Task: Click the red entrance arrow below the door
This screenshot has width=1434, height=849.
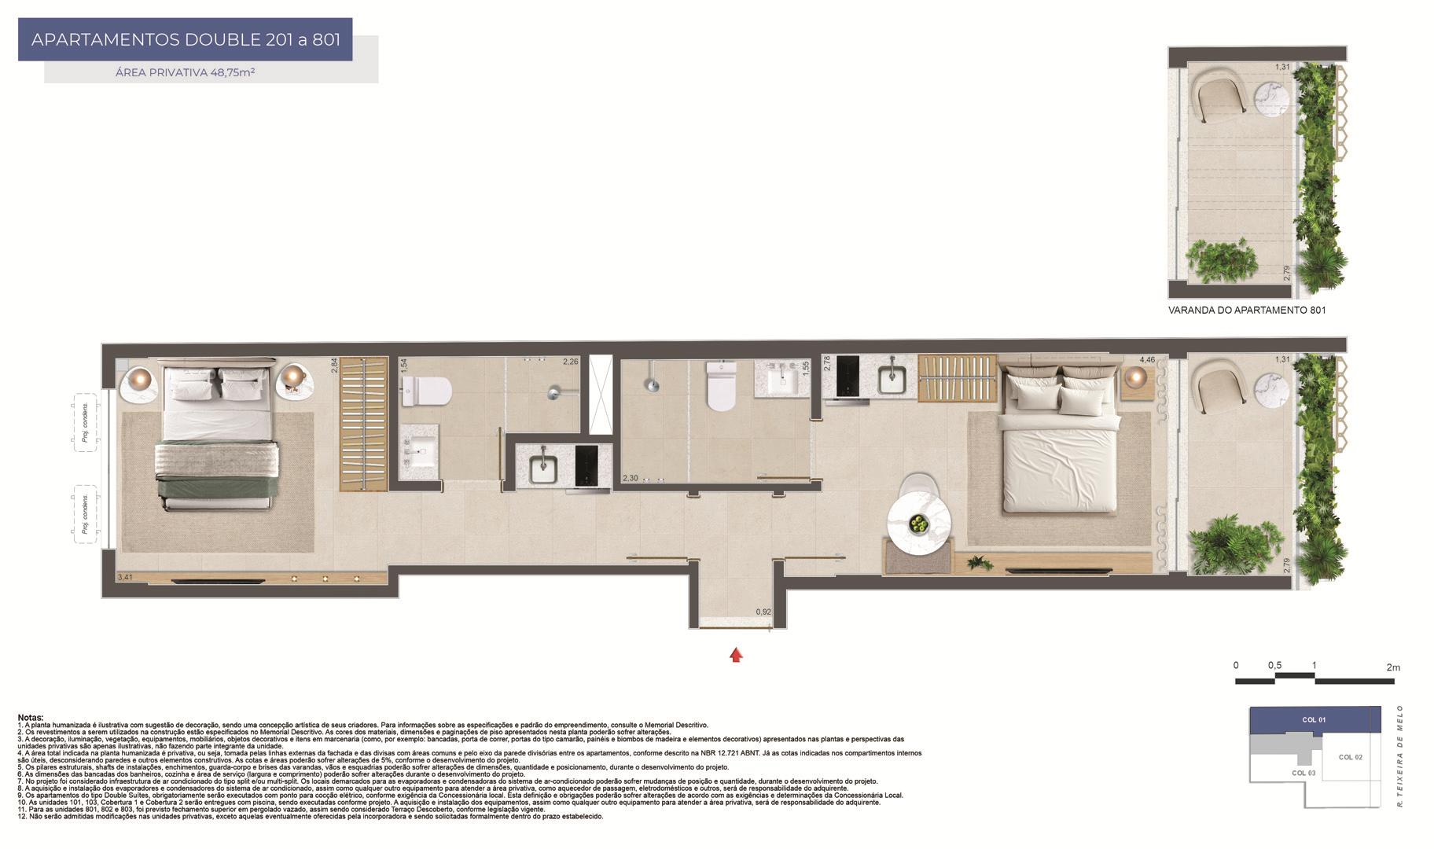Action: pyautogui.click(x=736, y=655)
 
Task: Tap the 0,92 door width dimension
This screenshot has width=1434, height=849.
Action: pyautogui.click(x=763, y=612)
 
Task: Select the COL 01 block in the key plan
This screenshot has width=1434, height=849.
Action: pyautogui.click(x=1314, y=720)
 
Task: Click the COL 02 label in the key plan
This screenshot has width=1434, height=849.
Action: pyautogui.click(x=1350, y=757)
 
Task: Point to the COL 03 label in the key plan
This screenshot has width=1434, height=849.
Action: pyautogui.click(x=1303, y=773)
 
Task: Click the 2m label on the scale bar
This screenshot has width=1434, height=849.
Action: pyautogui.click(x=1393, y=667)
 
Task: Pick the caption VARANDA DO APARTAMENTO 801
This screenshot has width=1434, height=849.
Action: pyautogui.click(x=1247, y=311)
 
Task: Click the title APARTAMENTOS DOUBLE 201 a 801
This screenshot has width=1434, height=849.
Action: pyautogui.click(x=186, y=39)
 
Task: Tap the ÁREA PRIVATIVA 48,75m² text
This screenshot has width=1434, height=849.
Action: pyautogui.click(x=185, y=72)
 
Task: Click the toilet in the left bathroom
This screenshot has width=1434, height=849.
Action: pyautogui.click(x=427, y=391)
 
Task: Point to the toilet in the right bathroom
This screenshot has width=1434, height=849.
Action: pyautogui.click(x=721, y=388)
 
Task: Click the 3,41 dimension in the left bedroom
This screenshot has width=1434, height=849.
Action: pyautogui.click(x=124, y=578)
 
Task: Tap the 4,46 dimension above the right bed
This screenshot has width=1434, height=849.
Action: pyautogui.click(x=1147, y=360)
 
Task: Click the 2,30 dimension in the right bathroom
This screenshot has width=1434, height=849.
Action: pyautogui.click(x=631, y=478)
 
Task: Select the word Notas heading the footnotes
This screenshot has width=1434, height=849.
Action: pyautogui.click(x=31, y=718)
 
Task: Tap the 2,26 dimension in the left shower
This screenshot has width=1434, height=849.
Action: pyautogui.click(x=570, y=362)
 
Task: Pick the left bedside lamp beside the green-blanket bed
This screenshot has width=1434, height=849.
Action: pyautogui.click(x=141, y=380)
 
